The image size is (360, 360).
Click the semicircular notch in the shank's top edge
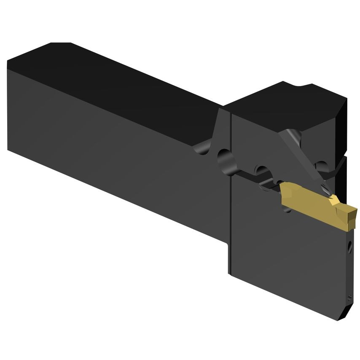(x=201, y=148)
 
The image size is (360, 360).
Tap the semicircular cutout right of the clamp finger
(x=322, y=165)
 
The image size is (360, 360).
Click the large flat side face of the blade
(x=287, y=253)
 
